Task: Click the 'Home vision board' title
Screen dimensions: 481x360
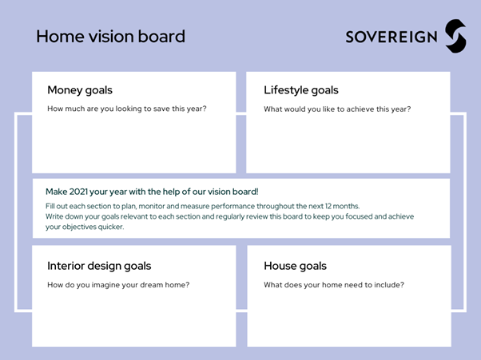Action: (110, 37)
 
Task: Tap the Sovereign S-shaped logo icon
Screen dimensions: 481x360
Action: (456, 36)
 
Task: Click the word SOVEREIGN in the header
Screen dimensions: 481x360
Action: (392, 37)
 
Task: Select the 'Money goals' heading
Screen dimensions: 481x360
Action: (80, 90)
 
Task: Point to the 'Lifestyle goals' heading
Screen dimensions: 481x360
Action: (301, 90)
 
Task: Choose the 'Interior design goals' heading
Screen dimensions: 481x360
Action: (99, 266)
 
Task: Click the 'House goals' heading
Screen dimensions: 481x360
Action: (295, 266)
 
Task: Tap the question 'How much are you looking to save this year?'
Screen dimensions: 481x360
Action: (127, 109)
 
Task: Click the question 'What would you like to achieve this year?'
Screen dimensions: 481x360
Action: (337, 109)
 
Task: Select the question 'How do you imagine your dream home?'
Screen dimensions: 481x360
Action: (118, 285)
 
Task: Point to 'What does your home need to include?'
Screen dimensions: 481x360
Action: (334, 285)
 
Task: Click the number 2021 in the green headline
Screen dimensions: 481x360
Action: (78, 192)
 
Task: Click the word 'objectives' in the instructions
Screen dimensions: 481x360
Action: (79, 227)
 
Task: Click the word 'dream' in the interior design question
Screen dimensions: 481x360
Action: (151, 285)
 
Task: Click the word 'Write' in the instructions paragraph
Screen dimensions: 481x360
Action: (54, 216)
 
